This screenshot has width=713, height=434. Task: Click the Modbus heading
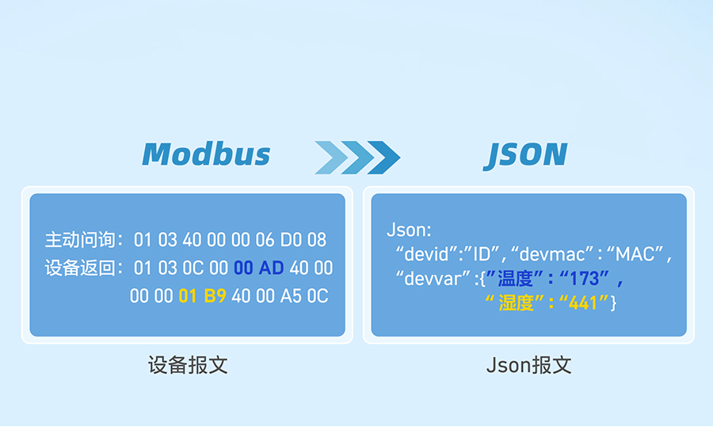tap(206, 154)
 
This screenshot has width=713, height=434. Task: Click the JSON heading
tap(525, 155)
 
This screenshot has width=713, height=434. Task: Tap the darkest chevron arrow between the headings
tap(383, 158)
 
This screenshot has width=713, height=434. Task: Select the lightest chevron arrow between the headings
tap(331, 158)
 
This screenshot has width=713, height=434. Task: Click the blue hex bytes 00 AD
tap(259, 268)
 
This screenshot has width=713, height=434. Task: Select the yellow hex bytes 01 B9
tap(202, 296)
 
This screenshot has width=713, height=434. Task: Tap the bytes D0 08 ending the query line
tap(303, 240)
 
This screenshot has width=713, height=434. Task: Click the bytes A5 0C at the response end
tap(304, 296)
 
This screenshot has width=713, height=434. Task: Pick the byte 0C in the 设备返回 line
tap(193, 268)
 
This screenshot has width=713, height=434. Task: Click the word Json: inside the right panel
tap(409, 230)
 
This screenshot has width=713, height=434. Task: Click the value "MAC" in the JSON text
tap(635, 254)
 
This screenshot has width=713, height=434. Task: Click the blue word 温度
tap(515, 279)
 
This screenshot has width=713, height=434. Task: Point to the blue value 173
tap(585, 279)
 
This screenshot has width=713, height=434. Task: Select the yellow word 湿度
tap(517, 303)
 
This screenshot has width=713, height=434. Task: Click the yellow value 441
tap(583, 303)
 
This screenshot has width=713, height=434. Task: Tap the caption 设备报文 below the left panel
tap(188, 365)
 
